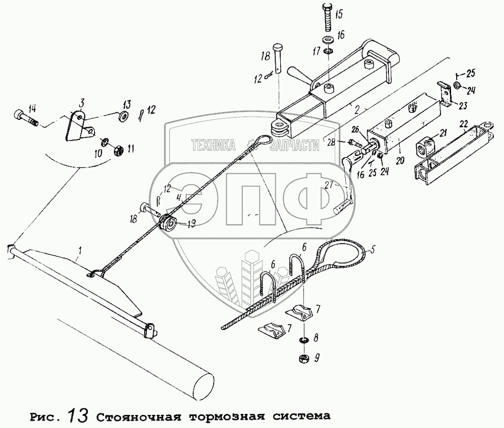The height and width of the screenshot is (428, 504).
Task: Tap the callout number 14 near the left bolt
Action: (x=32, y=107)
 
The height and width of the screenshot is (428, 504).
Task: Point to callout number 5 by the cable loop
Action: (x=372, y=248)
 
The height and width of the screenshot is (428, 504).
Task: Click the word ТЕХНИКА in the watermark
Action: (x=213, y=146)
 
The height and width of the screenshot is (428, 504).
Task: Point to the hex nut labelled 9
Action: (x=304, y=358)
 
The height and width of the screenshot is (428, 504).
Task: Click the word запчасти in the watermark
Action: (x=295, y=146)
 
